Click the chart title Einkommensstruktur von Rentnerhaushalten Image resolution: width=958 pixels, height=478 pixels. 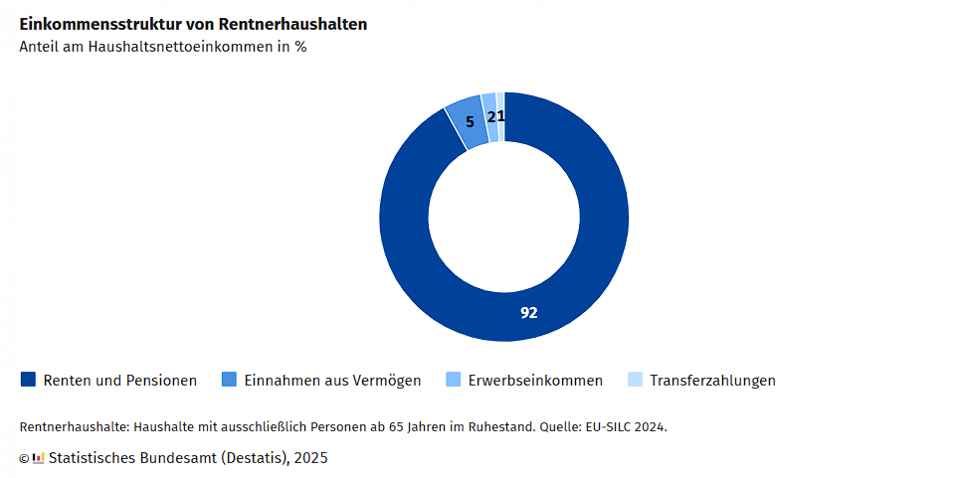click(x=193, y=24)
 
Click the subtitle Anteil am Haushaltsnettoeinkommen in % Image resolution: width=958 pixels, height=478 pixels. click(x=162, y=47)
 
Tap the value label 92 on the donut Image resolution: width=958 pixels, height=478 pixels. click(x=529, y=312)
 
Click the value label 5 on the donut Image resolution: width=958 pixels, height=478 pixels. click(x=470, y=122)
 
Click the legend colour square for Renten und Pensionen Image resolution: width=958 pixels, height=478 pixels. click(x=28, y=380)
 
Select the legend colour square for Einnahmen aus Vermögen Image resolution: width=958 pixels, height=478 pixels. click(x=229, y=380)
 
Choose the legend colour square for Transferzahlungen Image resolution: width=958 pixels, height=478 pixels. click(x=635, y=380)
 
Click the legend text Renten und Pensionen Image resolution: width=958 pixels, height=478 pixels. click(x=119, y=381)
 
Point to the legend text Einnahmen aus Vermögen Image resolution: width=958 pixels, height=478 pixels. click(x=332, y=381)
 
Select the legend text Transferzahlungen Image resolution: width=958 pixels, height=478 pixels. click(x=712, y=381)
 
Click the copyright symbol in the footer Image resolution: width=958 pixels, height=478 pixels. click(x=24, y=458)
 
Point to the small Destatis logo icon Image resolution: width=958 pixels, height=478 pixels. click(x=39, y=458)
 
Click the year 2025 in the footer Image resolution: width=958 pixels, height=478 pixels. click(x=310, y=458)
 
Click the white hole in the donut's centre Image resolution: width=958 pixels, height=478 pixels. click(x=504, y=217)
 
